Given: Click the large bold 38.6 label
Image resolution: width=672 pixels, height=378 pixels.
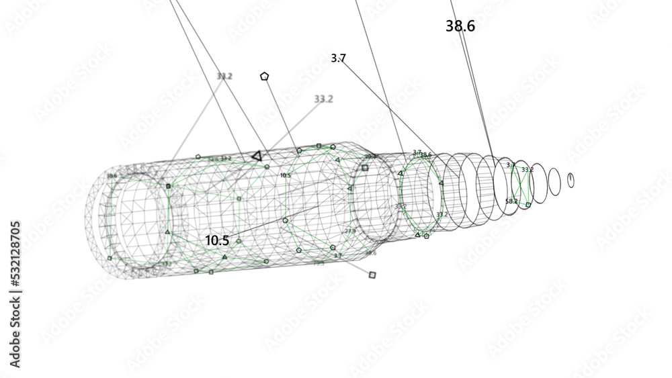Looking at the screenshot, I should [460, 26].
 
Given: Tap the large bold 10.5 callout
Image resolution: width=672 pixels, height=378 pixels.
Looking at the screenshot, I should [217, 240].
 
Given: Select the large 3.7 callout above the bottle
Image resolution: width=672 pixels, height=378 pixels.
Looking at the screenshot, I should [338, 58].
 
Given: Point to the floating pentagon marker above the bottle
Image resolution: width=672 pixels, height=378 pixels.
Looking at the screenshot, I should [264, 77].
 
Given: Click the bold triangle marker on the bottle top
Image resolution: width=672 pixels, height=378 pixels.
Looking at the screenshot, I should [256, 156].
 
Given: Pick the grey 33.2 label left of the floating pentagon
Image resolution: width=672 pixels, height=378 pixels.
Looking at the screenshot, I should [224, 77].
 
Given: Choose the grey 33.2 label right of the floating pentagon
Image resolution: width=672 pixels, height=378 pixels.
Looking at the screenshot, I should [323, 99].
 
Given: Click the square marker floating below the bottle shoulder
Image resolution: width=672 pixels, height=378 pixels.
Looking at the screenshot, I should [372, 274].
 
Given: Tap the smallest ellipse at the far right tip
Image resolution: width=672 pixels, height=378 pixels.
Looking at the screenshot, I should [571, 179].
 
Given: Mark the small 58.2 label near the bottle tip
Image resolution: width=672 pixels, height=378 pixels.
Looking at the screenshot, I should [511, 201].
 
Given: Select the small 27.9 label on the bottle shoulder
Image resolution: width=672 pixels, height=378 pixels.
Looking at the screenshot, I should [349, 231].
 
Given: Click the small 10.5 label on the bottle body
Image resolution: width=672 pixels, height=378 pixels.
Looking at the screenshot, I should [286, 175].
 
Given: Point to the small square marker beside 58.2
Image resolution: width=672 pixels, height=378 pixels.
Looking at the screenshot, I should [528, 204].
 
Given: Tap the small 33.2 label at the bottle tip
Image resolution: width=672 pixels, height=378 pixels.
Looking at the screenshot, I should [527, 170].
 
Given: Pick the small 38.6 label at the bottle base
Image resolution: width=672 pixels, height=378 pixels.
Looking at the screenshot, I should [112, 176].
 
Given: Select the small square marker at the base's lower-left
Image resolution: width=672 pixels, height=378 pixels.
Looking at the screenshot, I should [110, 257].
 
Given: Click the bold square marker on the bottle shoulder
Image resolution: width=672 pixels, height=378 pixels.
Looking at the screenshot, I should [365, 168].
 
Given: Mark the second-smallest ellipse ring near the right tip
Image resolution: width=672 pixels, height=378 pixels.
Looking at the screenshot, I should [554, 180].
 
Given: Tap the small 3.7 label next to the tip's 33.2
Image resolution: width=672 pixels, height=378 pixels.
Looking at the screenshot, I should [510, 165].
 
